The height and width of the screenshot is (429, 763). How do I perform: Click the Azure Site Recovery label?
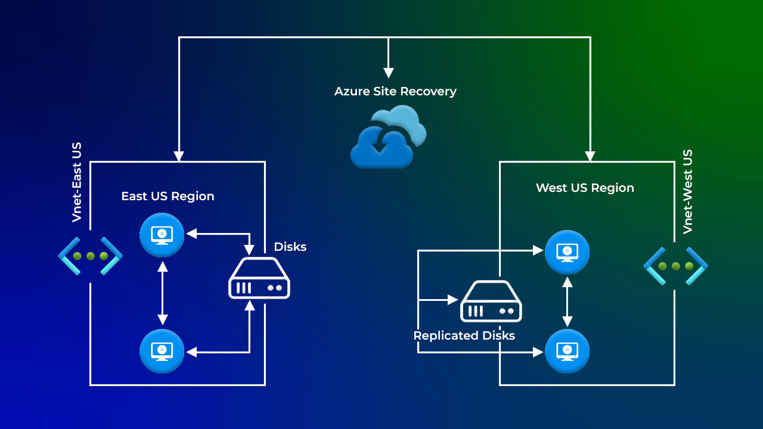[395, 91]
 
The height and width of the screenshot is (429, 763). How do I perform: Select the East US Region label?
[168, 196]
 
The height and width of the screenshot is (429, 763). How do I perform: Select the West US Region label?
[585, 188]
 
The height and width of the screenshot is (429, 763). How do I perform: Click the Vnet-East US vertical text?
[77, 182]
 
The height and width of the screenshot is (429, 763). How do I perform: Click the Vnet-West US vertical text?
[688, 191]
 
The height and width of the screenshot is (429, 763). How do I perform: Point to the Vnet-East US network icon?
[91, 256]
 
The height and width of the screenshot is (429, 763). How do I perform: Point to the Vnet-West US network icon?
[675, 266]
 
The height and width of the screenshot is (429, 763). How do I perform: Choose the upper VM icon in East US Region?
[162, 235]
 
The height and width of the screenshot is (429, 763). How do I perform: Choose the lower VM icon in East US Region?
[162, 351]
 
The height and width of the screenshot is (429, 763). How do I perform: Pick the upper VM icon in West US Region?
[567, 252]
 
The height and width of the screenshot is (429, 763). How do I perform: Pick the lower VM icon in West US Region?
[567, 351]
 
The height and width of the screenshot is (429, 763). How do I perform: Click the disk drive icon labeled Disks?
[259, 278]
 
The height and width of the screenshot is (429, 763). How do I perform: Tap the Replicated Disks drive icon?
[491, 301]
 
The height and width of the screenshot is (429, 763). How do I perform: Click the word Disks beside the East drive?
[290, 247]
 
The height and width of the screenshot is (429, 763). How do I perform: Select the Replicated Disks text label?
[464, 335]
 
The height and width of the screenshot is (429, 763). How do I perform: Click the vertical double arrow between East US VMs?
[162, 293]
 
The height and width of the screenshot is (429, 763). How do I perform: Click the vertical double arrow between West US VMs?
[567, 301]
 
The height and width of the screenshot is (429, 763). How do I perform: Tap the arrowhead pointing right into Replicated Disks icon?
[454, 300]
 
